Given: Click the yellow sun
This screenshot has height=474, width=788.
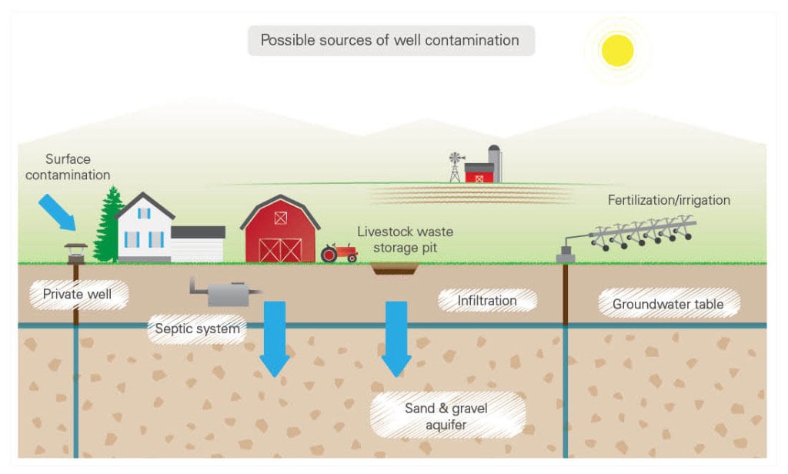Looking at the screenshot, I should click(x=617, y=51).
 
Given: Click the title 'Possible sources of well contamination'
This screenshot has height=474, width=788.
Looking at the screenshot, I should click(x=390, y=40).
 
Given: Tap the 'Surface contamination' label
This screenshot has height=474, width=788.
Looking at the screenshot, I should click(x=68, y=167).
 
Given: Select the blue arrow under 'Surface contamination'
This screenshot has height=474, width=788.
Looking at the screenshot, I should click(x=58, y=210).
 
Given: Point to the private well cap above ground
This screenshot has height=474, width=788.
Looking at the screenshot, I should click(x=75, y=250).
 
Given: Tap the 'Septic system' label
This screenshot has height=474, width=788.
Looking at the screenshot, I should click(x=197, y=329).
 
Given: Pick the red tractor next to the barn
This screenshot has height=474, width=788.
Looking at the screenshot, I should click(x=339, y=252).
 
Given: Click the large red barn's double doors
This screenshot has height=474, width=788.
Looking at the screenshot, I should click(x=280, y=249).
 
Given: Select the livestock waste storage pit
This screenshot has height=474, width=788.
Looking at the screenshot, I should click(x=394, y=268).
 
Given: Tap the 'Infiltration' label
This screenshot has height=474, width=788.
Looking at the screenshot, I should click(x=487, y=300).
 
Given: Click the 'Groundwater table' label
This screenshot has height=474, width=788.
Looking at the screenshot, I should click(x=668, y=304).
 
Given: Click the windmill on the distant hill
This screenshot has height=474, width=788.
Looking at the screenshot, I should click(x=457, y=166).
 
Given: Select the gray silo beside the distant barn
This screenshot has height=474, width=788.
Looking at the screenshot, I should click(x=494, y=163).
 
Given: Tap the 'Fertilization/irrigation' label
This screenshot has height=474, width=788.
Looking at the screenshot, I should click(x=669, y=200).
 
